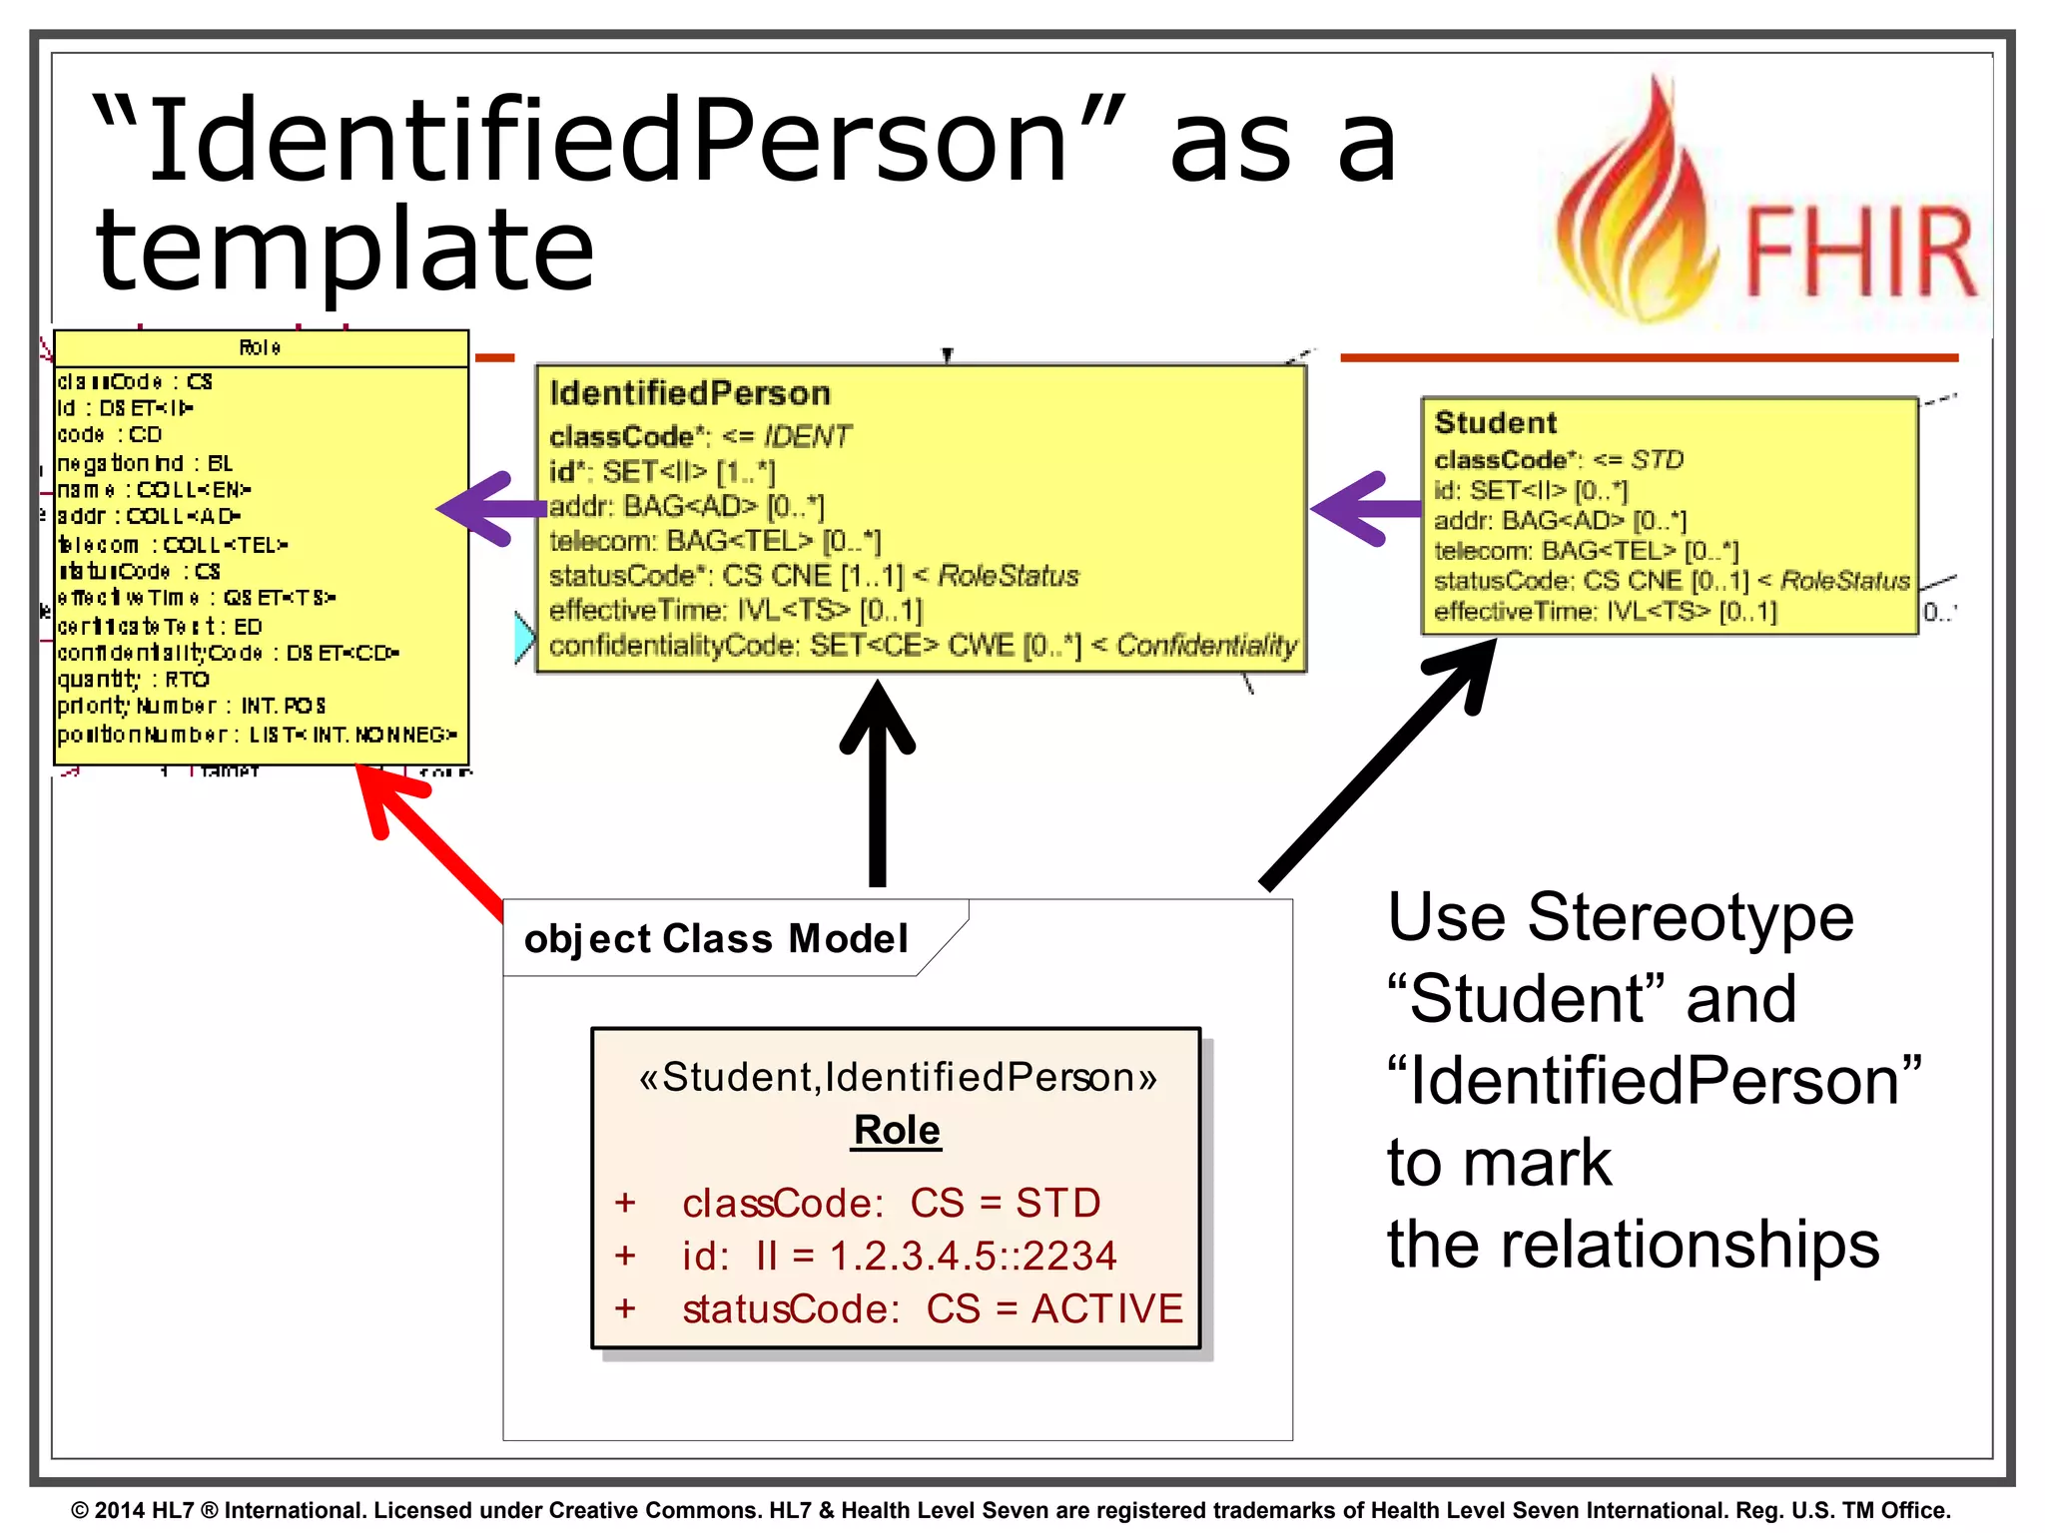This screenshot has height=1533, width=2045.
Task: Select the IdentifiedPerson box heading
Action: tap(690, 393)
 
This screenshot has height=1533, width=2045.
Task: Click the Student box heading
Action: tap(1495, 422)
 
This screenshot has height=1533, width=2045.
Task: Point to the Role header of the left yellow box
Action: tap(260, 347)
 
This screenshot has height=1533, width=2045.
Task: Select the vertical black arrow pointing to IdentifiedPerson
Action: tap(877, 788)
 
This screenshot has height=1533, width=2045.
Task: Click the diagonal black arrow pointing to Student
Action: tap(1378, 764)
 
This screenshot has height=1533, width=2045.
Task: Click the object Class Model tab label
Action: tap(716, 939)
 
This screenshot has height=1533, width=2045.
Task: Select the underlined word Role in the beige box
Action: tap(897, 1130)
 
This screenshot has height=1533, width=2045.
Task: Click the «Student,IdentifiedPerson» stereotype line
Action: tap(897, 1077)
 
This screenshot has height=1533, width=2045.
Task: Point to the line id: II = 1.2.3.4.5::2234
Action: tap(899, 1256)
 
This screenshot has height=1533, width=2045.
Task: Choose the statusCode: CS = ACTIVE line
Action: tap(932, 1308)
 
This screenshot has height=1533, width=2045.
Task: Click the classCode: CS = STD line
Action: tap(891, 1203)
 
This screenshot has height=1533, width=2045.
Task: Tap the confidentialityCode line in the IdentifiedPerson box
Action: tap(922, 646)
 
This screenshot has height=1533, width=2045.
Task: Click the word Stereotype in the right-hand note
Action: tap(1690, 918)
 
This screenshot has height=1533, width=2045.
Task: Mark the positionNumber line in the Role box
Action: tap(257, 735)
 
